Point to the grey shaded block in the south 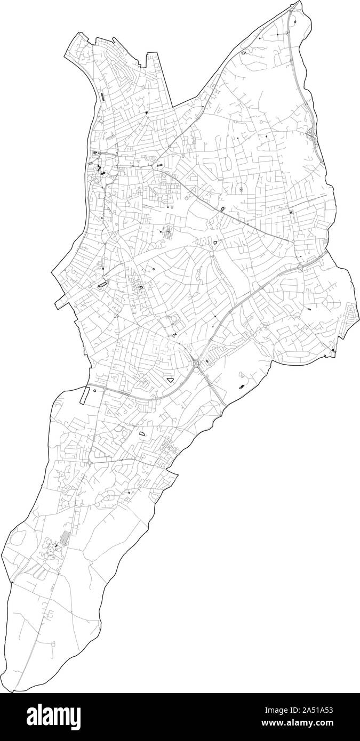tap(64, 538)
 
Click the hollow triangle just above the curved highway tap(170, 380)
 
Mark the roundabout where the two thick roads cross tap(198, 363)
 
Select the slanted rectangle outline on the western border tap(83, 394)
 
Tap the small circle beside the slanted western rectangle tap(94, 390)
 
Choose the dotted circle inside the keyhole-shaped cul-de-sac tap(241, 189)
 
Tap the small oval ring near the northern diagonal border tap(243, 53)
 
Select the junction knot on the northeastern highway tap(311, 132)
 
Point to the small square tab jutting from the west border tap(57, 305)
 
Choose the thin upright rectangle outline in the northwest tap(101, 96)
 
